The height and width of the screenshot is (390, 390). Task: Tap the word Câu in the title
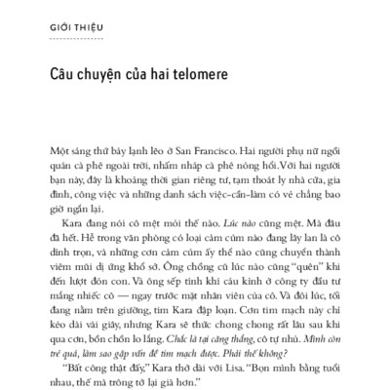click(x=61, y=74)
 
